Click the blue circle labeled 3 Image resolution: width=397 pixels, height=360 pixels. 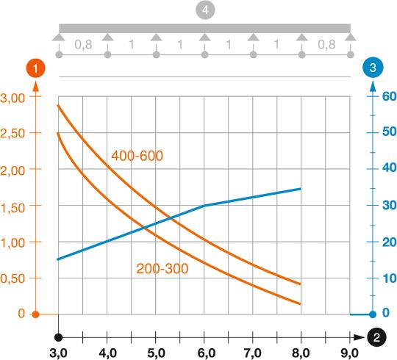(x=373, y=68)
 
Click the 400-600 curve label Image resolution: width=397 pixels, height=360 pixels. (x=137, y=156)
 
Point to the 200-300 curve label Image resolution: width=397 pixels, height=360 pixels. (x=162, y=269)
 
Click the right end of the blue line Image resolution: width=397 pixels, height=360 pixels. (x=301, y=189)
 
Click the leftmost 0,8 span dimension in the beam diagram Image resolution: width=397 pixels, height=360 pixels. (x=82, y=44)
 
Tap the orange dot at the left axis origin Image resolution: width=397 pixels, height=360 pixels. (x=35, y=314)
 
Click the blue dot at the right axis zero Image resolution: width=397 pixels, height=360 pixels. (x=373, y=314)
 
